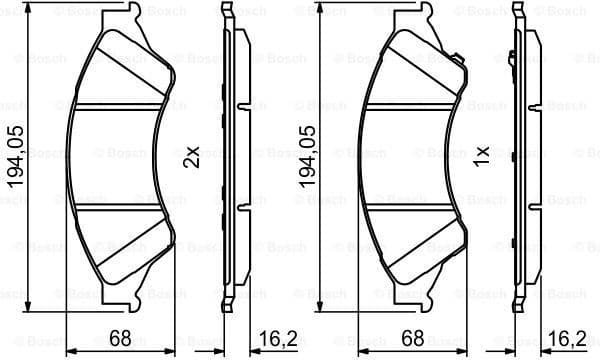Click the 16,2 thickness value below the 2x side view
coord(272,341)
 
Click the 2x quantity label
coord(193,157)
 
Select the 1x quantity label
coord(482,157)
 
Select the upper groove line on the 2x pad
coord(120,105)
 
